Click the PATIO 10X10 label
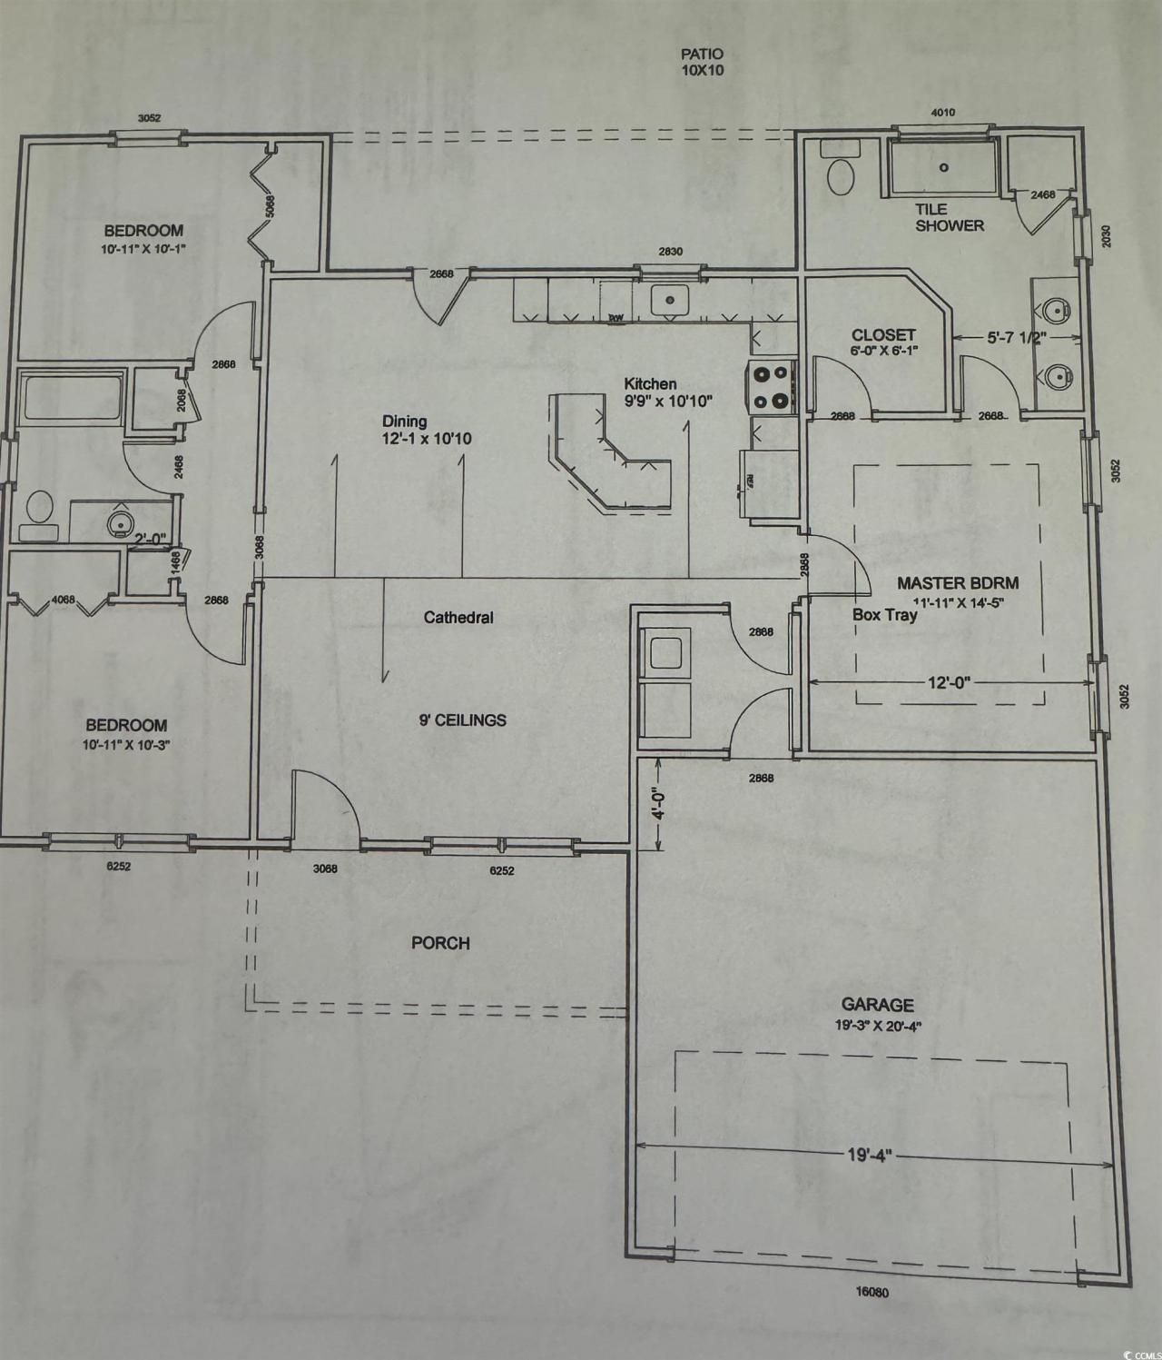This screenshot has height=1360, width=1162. pyautogui.click(x=703, y=63)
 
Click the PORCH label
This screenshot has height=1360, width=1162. pyautogui.click(x=440, y=943)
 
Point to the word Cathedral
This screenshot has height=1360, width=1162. pyautogui.click(x=458, y=618)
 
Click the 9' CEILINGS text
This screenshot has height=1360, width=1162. pyautogui.click(x=463, y=720)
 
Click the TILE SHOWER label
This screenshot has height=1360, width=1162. pyautogui.click(x=949, y=217)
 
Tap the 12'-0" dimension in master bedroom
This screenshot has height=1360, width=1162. pyautogui.click(x=949, y=682)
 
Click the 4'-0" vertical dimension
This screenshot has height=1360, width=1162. pyautogui.click(x=660, y=803)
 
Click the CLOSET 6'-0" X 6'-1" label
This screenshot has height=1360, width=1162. pyautogui.click(x=883, y=342)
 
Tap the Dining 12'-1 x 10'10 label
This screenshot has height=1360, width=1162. pyautogui.click(x=427, y=430)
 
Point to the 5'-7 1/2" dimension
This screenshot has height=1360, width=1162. pyautogui.click(x=1017, y=337)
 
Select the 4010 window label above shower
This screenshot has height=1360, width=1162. pyautogui.click(x=943, y=113)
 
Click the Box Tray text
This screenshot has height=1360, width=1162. pyautogui.click(x=884, y=615)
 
